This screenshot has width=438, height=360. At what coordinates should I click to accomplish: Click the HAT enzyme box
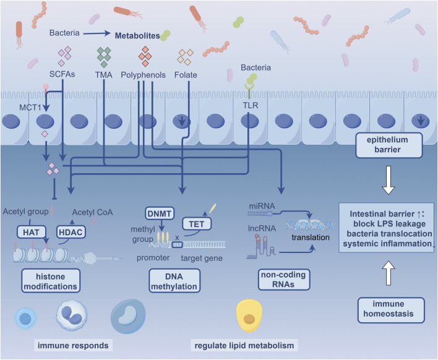coord(31,232)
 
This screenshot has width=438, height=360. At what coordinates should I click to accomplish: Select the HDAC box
coord(71,232)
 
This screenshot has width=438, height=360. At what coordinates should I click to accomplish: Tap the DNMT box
coord(160,213)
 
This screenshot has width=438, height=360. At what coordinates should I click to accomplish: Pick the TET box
coord(197,224)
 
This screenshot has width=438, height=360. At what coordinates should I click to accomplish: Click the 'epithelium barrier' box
coord(389,145)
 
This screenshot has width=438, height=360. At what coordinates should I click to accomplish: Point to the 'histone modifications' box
coord(51,281)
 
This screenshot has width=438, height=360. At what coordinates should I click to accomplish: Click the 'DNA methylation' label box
coord(174,281)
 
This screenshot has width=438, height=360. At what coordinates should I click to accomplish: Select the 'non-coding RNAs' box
coord(284,280)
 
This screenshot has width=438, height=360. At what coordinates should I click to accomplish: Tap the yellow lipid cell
coord(249,315)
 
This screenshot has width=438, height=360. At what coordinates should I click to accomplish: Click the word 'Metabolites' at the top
coord(137,36)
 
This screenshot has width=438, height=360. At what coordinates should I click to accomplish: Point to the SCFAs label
coord(62,74)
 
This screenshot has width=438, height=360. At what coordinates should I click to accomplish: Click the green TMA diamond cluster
coord(104,57)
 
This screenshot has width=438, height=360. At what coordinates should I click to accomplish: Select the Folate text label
coord(186,75)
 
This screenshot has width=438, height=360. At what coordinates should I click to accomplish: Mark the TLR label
coord(251,105)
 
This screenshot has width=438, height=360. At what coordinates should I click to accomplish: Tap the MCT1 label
coord(30,107)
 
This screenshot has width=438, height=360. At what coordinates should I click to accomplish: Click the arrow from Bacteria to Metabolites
coord(97,33)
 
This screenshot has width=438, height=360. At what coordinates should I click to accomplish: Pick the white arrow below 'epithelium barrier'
coord(389,180)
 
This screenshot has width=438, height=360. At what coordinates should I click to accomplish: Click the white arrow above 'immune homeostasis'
coord(389,273)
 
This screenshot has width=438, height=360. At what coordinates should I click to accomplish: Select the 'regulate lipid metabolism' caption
coord(244,346)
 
